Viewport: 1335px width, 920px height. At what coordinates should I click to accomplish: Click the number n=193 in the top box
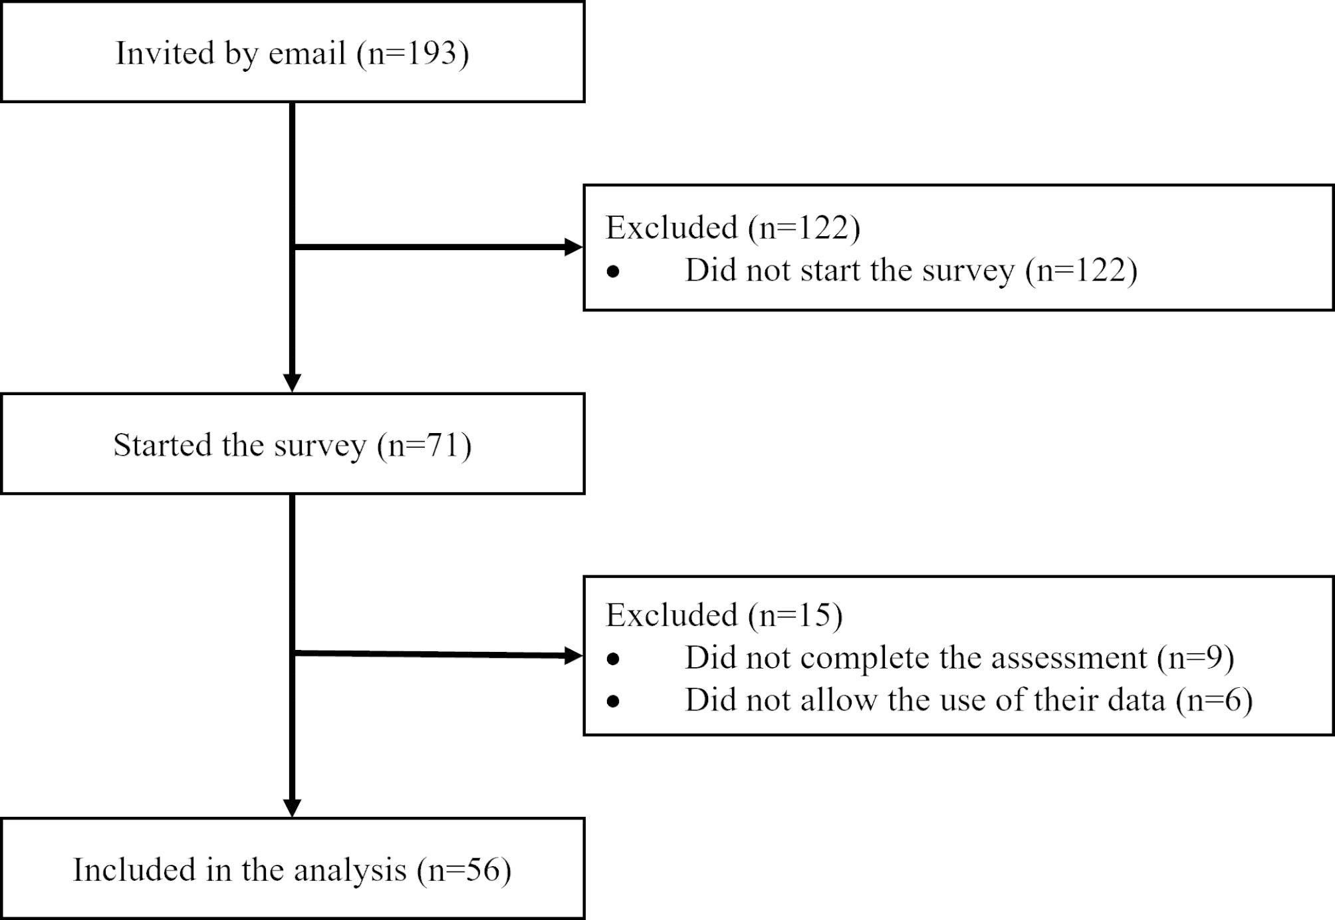pyautogui.click(x=413, y=53)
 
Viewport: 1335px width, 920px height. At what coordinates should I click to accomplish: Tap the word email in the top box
pyautogui.click(x=306, y=53)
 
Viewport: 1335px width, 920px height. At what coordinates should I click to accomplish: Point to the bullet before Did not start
pyautogui.click(x=613, y=271)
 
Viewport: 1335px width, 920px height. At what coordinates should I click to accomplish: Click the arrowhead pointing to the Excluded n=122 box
pyautogui.click(x=573, y=247)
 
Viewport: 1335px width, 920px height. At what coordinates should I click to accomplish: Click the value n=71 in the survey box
pyautogui.click(x=424, y=444)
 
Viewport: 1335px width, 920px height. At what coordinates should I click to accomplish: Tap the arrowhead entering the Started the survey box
pyautogui.click(x=293, y=383)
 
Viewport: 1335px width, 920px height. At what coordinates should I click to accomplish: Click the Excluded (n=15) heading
pyautogui.click(x=724, y=615)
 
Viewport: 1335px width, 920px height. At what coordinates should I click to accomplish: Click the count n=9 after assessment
pyautogui.click(x=1195, y=658)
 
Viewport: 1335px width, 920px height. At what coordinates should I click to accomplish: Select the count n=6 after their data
pyautogui.click(x=1214, y=700)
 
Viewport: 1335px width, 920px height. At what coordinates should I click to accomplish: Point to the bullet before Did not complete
pyautogui.click(x=613, y=659)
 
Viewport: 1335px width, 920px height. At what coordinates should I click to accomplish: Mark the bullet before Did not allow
pyautogui.click(x=613, y=701)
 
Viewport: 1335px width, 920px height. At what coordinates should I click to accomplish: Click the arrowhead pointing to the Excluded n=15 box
pyautogui.click(x=573, y=656)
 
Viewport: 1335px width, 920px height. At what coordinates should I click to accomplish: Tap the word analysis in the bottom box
pyautogui.click(x=350, y=869)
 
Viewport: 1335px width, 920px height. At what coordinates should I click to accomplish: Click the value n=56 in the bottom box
pyautogui.click(x=464, y=869)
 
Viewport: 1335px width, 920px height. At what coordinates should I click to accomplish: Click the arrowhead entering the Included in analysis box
pyautogui.click(x=293, y=808)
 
